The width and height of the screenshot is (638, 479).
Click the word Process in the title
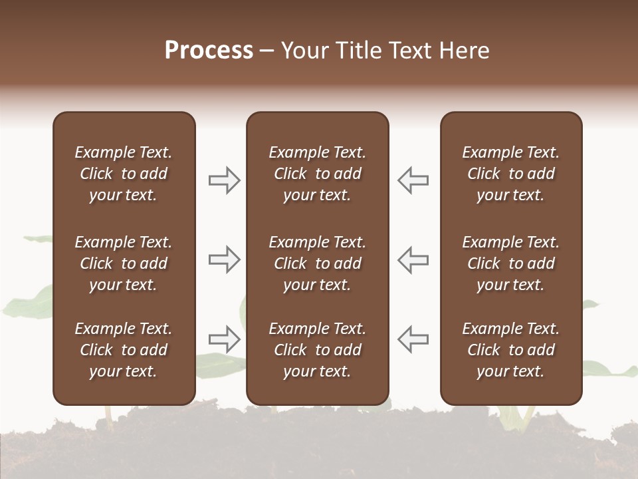click(209, 51)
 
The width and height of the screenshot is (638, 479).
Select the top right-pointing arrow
click(225, 180)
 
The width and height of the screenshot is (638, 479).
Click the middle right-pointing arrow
click(225, 259)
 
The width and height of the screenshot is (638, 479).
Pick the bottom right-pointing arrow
click(225, 339)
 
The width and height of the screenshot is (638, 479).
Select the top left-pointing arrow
click(413, 180)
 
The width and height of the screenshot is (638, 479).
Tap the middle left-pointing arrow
click(413, 259)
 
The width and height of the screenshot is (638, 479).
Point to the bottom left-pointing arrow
click(413, 339)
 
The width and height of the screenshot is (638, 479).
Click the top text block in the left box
click(124, 174)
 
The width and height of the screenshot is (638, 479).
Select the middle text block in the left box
click(124, 263)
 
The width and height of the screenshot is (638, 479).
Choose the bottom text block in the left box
click(124, 350)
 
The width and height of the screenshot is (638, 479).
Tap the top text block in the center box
click(318, 174)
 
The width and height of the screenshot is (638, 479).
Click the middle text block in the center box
click(318, 263)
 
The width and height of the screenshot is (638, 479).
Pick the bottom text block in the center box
click(318, 350)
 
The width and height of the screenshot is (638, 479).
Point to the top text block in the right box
click(511, 174)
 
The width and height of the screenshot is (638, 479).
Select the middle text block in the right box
click(511, 263)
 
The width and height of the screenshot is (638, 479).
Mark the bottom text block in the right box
click(511, 350)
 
